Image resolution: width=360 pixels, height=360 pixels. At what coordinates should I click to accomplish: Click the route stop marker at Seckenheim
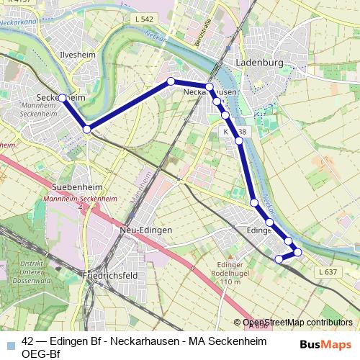click(63, 98)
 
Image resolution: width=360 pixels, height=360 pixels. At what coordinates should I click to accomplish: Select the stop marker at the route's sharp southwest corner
click(87, 130)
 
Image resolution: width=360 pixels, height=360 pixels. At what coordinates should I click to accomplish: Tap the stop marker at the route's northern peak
click(171, 81)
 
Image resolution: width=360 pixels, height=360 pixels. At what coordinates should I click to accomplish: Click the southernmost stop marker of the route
click(279, 258)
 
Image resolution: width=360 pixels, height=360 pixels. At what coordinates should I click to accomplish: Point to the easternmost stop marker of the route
click(297, 251)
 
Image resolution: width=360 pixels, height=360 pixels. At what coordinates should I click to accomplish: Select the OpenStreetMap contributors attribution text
click(297, 323)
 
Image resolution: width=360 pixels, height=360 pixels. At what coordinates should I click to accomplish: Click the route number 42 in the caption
click(28, 341)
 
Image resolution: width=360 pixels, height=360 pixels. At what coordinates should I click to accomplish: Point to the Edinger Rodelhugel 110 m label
click(230, 273)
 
